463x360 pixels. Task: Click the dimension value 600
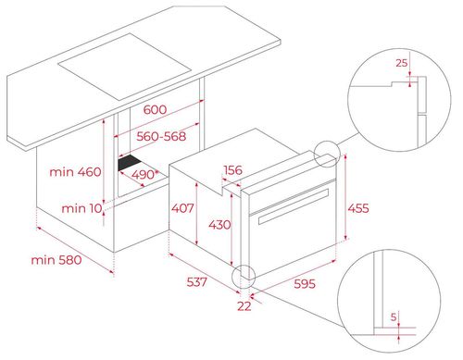pyautogui.click(x=155, y=110)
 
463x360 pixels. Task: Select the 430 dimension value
pyautogui.click(x=219, y=224)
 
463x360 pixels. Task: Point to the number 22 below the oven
pyautogui.click(x=244, y=305)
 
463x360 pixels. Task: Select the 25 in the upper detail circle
pyautogui.click(x=401, y=63)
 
